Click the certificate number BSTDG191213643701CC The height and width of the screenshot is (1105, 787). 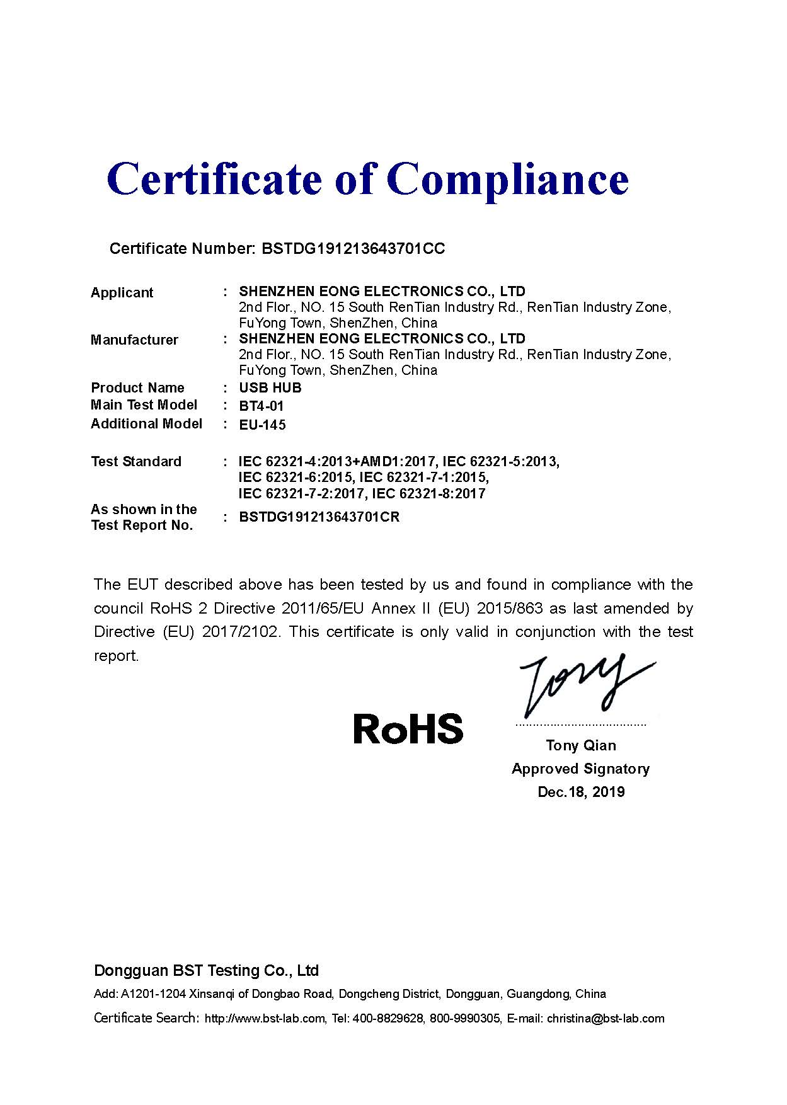point(352,248)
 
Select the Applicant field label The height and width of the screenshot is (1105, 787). point(122,292)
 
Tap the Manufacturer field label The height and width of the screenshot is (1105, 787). point(134,340)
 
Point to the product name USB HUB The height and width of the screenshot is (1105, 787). point(270,387)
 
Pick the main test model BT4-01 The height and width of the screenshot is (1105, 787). point(261,406)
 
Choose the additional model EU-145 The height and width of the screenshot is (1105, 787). point(262,425)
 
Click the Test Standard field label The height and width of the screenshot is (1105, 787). point(135,461)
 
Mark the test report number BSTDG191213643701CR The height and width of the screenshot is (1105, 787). point(319,517)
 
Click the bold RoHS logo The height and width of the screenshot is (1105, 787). point(408,728)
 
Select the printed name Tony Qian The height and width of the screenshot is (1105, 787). point(581,745)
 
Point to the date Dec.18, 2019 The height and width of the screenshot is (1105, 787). point(581,792)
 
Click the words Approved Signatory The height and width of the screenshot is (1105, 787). point(580,769)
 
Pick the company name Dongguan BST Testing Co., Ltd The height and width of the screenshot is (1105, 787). point(206,970)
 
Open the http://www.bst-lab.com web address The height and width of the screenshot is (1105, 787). point(265,1018)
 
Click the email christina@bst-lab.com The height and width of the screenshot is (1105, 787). point(606,1018)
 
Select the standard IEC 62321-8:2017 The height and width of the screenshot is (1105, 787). point(429,493)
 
